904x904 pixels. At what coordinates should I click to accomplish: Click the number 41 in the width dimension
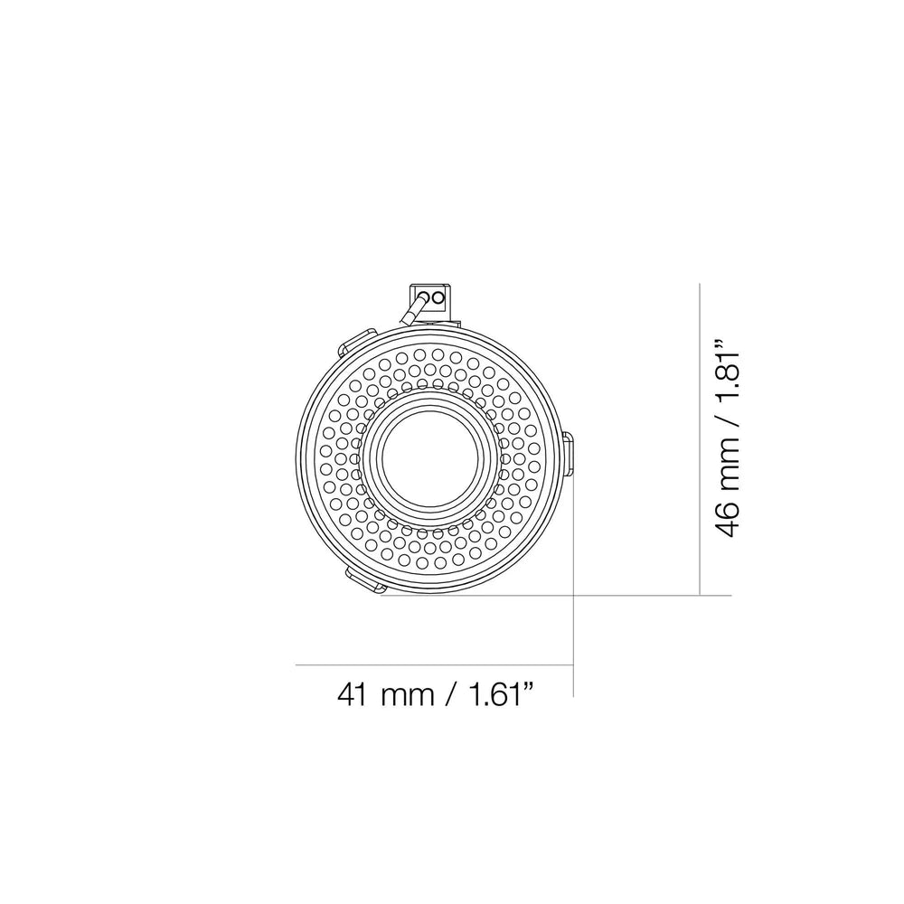point(353,694)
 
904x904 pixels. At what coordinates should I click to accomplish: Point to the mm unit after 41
point(408,698)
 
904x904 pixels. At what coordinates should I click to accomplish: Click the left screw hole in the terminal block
point(424,298)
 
